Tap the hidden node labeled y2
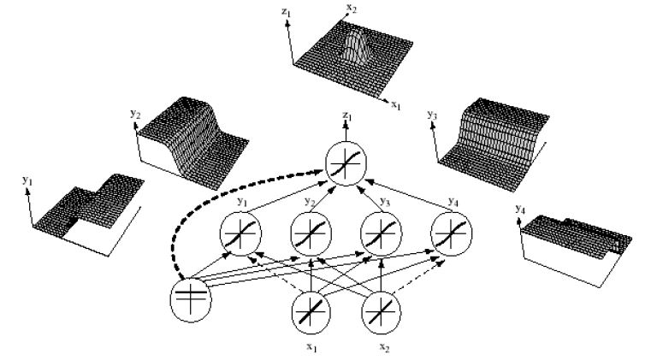coord(309,232)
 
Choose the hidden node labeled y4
coord(448,232)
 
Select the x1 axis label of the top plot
coord(420,105)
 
